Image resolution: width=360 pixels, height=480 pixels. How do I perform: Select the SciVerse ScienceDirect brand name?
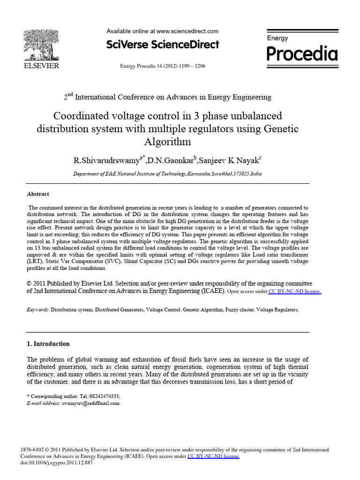(x=163, y=45)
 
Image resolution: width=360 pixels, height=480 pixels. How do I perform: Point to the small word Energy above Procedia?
(x=277, y=38)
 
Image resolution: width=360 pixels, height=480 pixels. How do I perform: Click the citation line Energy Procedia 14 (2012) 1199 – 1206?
(x=163, y=66)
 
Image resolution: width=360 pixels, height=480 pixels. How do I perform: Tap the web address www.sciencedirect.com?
(x=187, y=31)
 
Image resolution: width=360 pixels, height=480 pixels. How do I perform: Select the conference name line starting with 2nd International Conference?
(x=167, y=97)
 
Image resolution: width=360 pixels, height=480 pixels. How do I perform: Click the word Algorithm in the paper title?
(x=167, y=142)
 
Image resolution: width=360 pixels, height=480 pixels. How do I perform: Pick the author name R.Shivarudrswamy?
(x=106, y=160)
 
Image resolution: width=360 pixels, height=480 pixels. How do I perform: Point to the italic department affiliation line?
(x=167, y=173)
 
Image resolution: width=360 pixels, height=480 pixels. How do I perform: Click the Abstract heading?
(x=38, y=194)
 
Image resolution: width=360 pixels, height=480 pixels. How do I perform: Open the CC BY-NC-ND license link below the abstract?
(x=294, y=291)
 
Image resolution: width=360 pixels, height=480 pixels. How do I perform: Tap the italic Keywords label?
(x=37, y=310)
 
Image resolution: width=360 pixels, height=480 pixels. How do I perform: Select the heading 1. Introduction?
(x=48, y=344)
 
